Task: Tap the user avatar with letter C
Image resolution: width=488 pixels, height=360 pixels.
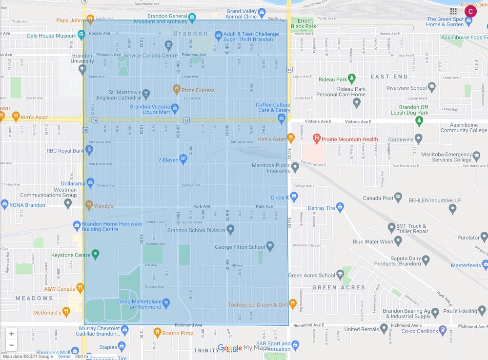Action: (470, 11)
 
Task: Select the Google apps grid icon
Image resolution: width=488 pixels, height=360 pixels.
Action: (453, 11)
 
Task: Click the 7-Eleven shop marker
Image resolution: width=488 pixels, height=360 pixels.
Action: (183, 159)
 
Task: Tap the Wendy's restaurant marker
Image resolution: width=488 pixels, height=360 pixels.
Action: (89, 205)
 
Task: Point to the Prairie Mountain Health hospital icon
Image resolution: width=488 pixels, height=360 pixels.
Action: (316, 139)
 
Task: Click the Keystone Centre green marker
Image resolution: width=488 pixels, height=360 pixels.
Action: (96, 254)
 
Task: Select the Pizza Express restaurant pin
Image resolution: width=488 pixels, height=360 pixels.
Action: (177, 89)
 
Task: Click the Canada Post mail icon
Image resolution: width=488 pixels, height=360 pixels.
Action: (398, 197)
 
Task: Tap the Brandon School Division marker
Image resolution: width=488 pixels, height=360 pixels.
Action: (230, 228)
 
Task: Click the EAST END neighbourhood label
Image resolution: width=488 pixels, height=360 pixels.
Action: (389, 77)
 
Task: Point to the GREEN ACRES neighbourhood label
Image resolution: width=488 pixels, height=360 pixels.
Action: (338, 287)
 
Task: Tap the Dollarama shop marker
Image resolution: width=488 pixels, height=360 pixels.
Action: (90, 182)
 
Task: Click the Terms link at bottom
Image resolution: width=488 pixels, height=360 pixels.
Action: (64, 357)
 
